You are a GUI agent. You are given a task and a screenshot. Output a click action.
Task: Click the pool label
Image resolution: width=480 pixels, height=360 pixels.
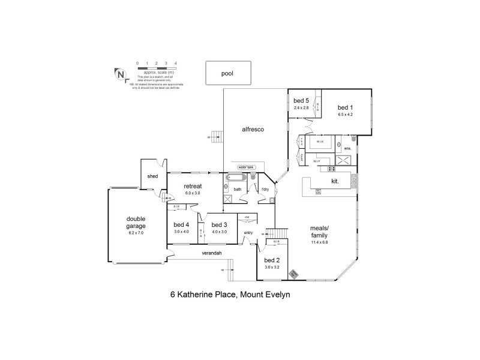pos(227,74)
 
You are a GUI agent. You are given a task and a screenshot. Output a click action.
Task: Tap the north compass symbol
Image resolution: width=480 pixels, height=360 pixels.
pos(121,74)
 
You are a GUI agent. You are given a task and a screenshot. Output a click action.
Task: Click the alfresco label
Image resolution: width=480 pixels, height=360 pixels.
pos(253,129)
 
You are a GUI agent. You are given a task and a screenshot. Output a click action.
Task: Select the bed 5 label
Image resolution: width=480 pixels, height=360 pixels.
pos(301,101)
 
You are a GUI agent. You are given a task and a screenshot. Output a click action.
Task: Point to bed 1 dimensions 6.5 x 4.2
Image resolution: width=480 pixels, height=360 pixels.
pos(345,114)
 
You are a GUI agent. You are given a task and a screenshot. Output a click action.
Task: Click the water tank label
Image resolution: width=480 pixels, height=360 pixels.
pos(246,167)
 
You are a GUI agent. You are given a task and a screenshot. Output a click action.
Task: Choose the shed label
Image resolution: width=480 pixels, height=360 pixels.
pos(152,176)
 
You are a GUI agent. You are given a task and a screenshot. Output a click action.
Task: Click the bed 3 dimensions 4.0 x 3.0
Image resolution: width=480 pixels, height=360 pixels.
pos(220,232)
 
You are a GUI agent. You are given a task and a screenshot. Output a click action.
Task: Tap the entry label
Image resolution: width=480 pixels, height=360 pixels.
pos(248,233)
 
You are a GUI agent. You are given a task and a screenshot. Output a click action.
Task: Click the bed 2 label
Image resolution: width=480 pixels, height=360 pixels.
pos(273,260)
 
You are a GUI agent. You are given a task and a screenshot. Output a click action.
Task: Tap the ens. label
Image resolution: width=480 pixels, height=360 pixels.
pos(347,148)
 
